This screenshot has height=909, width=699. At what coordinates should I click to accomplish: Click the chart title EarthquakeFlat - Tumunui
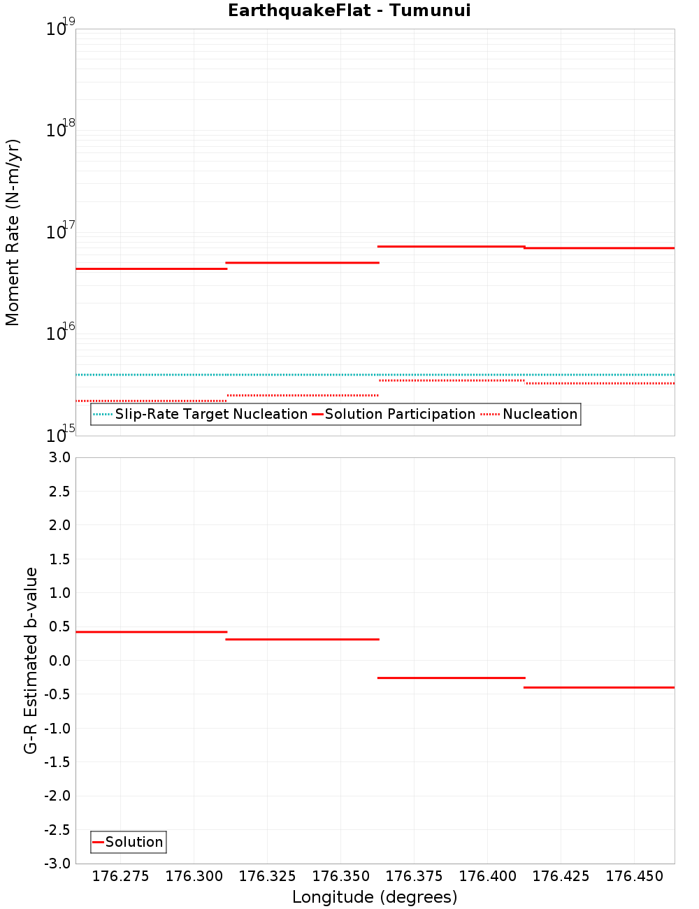(349, 10)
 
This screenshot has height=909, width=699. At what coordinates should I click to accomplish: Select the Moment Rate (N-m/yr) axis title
(13, 232)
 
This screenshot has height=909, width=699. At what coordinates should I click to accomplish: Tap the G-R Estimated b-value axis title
(31, 660)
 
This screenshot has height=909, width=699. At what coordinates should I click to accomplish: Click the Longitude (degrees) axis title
(375, 897)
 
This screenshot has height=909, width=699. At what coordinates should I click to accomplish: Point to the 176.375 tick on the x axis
(414, 876)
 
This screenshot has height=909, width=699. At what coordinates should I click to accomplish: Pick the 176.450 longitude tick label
(634, 876)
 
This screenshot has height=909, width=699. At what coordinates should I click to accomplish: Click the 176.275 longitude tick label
(121, 876)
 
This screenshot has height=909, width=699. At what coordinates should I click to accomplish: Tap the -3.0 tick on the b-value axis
(58, 864)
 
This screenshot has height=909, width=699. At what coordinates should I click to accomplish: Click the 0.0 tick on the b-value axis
(61, 661)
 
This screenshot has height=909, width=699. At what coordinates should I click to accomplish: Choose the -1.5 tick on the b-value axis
(58, 762)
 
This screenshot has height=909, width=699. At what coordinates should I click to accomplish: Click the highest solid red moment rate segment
(451, 246)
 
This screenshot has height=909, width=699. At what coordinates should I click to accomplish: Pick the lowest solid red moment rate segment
(151, 269)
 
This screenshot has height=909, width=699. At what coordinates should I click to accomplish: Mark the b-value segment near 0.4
(151, 632)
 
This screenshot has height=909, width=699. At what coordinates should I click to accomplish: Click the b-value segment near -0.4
(599, 687)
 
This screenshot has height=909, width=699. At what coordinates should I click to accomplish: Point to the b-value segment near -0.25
(451, 678)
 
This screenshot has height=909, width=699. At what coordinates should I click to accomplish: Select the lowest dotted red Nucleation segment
(151, 401)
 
